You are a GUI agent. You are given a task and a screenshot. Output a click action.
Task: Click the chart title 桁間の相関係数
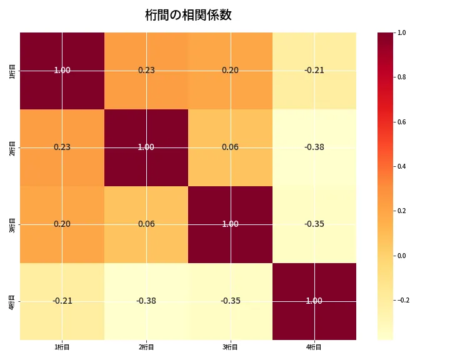[188, 15]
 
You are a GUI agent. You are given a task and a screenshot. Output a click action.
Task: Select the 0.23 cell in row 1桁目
[146, 70]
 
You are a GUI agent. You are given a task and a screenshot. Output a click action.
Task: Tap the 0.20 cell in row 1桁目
[230, 70]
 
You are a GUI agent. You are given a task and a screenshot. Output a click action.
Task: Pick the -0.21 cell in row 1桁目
[314, 70]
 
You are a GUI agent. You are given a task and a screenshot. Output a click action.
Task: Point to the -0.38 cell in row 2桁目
[314, 147]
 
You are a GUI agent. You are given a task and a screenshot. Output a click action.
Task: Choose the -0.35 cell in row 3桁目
[314, 224]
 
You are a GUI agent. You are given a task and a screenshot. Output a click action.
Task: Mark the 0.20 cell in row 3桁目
[62, 224]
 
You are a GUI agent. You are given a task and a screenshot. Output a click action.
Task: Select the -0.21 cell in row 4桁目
[62, 301]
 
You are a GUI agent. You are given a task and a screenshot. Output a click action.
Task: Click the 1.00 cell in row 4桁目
[314, 301]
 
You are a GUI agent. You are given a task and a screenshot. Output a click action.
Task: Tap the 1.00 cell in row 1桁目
[62, 70]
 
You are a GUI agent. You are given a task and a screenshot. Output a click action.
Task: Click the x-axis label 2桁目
[146, 347]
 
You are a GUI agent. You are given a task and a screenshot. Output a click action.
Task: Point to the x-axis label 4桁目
[314, 347]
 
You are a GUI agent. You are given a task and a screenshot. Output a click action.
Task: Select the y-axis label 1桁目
[13, 71]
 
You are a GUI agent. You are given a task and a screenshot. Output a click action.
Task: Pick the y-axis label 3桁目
[13, 224]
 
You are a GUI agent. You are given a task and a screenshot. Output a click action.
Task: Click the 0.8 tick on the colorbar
[402, 77]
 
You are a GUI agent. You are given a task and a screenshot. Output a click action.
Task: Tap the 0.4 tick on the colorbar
[402, 166]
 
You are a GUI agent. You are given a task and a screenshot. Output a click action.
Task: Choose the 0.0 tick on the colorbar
[402, 256]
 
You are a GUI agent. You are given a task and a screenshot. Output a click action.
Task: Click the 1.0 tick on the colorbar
[402, 33]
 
